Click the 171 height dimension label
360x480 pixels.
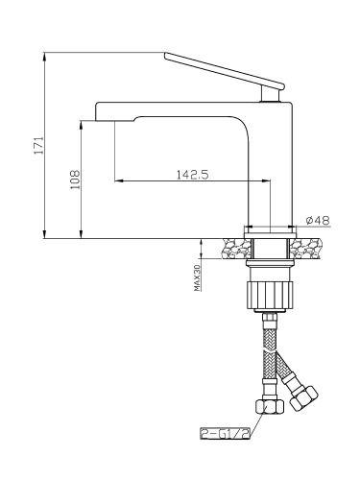(38, 146)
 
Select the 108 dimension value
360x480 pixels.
(76, 180)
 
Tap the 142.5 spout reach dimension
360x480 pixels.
(193, 175)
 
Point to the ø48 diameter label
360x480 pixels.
(318, 220)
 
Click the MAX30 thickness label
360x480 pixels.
(197, 277)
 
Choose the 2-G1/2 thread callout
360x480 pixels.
(225, 433)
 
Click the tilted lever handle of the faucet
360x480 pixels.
(225, 70)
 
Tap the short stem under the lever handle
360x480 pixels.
(272, 95)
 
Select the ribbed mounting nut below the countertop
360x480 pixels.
(271, 295)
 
